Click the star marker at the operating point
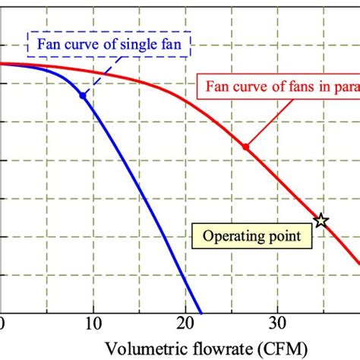[321, 220]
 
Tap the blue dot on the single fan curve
[84, 95]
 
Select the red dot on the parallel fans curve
[245, 146]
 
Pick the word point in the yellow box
[286, 236]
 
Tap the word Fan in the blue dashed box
[47, 43]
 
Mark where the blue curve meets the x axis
[201, 313]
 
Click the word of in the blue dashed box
[110, 43]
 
